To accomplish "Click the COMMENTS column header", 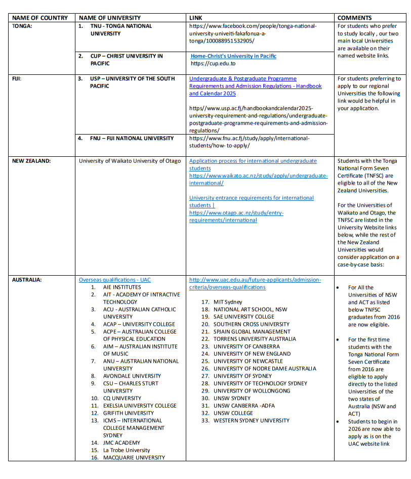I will tap(354, 18).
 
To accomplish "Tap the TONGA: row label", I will tap(22, 26).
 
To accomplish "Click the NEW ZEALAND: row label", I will tap(31, 161).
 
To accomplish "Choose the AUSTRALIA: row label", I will tap(27, 280).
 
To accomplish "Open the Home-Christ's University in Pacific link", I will tap(233, 56).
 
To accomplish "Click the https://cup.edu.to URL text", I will tap(213, 64).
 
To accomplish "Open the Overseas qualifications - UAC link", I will tap(114, 280).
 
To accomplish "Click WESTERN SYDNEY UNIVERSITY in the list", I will tap(251, 420).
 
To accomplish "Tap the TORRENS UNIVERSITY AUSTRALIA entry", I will tap(255, 339).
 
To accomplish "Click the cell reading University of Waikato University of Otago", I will tap(130, 161).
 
